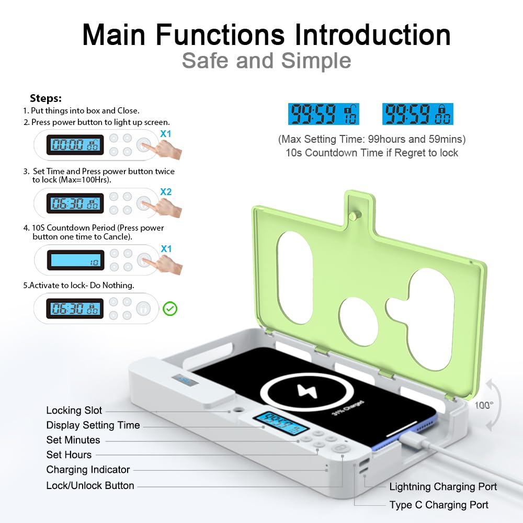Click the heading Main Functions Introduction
click(266, 35)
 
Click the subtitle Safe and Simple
click(266, 61)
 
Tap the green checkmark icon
click(170, 309)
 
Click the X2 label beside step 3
click(166, 192)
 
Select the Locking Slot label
click(74, 411)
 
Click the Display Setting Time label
click(93, 425)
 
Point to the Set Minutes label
click(73, 440)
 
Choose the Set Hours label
click(69, 454)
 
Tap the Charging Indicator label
click(88, 470)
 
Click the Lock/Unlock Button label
click(90, 485)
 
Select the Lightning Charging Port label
click(443, 487)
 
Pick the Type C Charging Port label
click(439, 505)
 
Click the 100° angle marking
click(484, 405)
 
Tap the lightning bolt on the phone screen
click(303, 391)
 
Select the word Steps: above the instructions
click(46, 98)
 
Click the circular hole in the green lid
click(358, 321)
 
